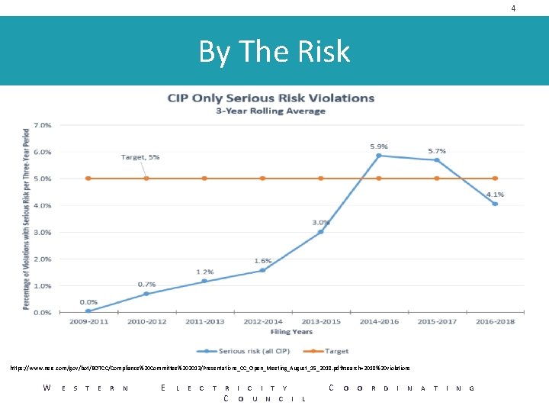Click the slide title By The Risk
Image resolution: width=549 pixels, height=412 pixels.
click(274, 52)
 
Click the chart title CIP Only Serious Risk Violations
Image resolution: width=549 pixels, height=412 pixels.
click(271, 98)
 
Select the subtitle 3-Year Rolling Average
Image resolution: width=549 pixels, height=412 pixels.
click(271, 111)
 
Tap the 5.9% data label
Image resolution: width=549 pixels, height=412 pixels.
click(379, 146)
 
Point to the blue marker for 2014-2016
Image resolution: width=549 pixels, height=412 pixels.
click(379, 156)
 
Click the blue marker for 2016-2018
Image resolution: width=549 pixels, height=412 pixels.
click(495, 204)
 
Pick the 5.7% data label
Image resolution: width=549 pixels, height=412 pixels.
click(437, 150)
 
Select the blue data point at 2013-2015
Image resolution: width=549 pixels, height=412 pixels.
click(321, 232)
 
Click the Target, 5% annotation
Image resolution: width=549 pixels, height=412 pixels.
click(140, 157)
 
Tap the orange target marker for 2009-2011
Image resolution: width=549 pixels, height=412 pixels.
click(88, 179)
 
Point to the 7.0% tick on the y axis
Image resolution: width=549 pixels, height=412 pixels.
click(42, 124)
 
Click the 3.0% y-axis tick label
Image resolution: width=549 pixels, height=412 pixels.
click(42, 232)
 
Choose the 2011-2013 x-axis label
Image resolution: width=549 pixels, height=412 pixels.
click(204, 322)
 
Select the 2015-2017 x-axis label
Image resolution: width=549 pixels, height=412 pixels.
click(437, 322)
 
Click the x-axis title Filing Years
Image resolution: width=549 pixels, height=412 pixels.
click(291, 332)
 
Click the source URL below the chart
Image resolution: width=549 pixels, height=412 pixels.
click(210, 368)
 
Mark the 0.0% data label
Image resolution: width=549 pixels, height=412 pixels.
click(88, 302)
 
